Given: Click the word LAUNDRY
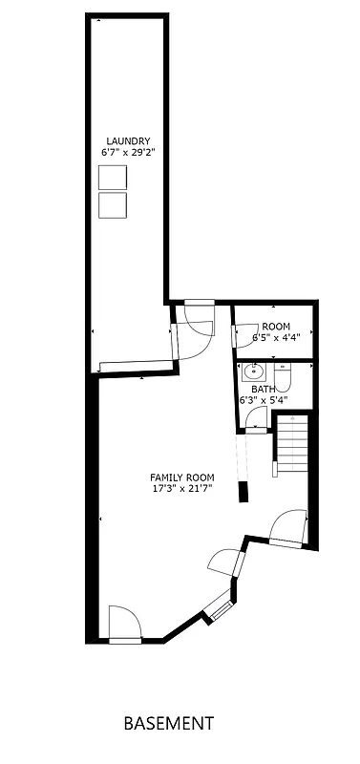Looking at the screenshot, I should pyautogui.click(x=127, y=141).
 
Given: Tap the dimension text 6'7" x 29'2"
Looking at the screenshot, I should pyautogui.click(x=127, y=152).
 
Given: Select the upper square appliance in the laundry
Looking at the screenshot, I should pyautogui.click(x=113, y=177).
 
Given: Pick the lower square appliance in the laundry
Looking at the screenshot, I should pyautogui.click(x=113, y=204).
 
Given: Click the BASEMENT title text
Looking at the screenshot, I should pyautogui.click(x=169, y=724).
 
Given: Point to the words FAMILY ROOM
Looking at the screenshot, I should pyautogui.click(x=181, y=477).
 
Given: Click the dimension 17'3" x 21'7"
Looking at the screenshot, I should pyautogui.click(x=181, y=489).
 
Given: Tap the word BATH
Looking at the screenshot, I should pyautogui.click(x=264, y=390).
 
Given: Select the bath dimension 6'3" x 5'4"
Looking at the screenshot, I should pyautogui.click(x=264, y=400).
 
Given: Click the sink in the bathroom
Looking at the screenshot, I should pyautogui.click(x=254, y=371).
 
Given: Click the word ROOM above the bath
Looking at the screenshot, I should pyautogui.click(x=276, y=327).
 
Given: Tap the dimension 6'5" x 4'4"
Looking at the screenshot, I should pyautogui.click(x=276, y=337).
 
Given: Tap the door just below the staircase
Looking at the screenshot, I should pyautogui.click(x=288, y=528).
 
